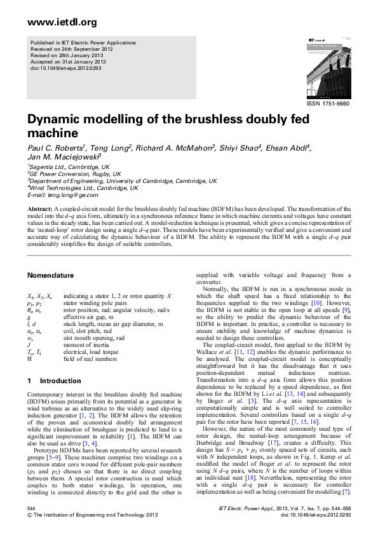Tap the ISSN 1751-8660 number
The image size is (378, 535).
point(328,103)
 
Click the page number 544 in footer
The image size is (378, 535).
point(31,510)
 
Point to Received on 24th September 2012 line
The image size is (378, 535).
point(72,48)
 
